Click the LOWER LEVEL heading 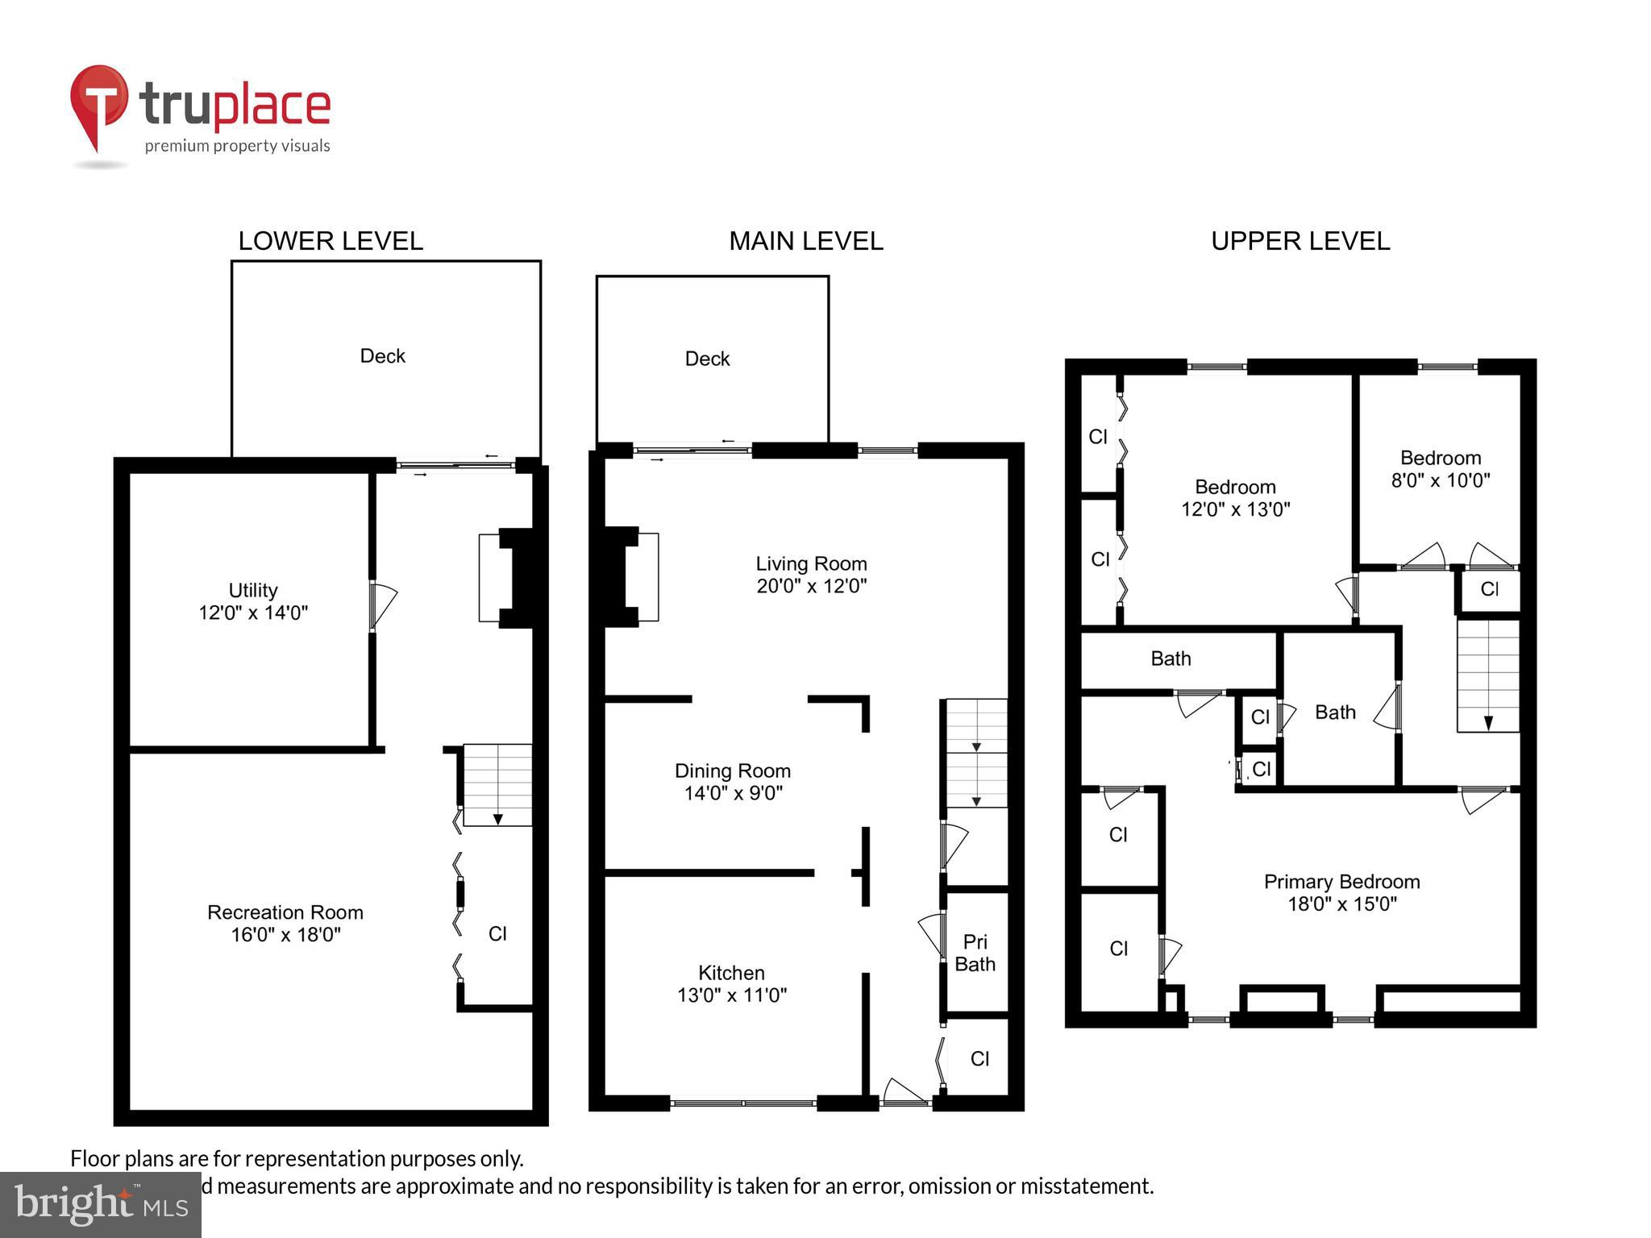click(331, 241)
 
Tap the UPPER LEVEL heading click(1300, 241)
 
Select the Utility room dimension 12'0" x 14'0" click(253, 613)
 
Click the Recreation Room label click(285, 912)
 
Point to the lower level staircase click(497, 784)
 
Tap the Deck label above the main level click(707, 359)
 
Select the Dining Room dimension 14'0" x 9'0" click(733, 793)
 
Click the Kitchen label click(731, 973)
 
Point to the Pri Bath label click(975, 953)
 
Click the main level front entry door click(905, 1095)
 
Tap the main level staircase click(976, 753)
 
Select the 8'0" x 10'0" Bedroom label click(1440, 469)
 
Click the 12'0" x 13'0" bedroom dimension click(1235, 509)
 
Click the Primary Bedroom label click(1341, 882)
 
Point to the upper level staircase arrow click(1488, 721)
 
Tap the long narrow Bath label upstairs click(1170, 659)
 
